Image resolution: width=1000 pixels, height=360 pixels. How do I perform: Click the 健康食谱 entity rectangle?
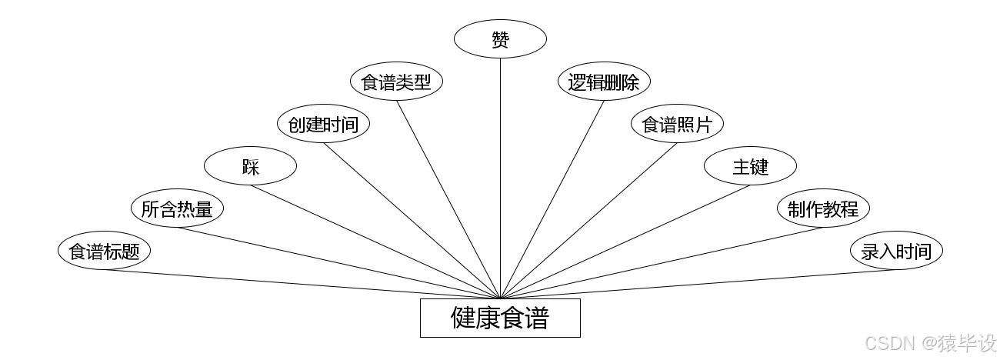point(500,318)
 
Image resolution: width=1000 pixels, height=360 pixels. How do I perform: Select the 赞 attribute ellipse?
point(500,38)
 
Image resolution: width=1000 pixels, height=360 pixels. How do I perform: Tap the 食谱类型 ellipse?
point(397,82)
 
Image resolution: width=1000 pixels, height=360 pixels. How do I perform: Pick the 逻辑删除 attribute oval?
point(604,82)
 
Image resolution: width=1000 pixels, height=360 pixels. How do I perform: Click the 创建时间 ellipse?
point(323,124)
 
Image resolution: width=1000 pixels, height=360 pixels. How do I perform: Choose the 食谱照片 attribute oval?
point(677,124)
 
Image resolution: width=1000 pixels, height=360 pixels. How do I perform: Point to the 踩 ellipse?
point(250,166)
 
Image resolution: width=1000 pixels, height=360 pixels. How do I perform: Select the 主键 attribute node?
point(750,166)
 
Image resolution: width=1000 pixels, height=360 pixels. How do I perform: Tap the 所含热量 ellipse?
point(177,208)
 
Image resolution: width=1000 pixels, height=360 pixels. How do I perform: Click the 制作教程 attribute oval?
point(823,208)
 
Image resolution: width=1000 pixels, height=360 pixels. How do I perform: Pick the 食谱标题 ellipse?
point(104,251)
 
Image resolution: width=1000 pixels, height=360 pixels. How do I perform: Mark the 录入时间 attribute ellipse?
point(896,251)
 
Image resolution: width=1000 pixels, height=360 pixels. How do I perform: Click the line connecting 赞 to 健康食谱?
point(500,177)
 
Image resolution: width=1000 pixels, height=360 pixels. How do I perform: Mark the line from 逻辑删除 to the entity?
point(552,198)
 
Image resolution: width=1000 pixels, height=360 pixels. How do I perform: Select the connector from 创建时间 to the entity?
point(412,221)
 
